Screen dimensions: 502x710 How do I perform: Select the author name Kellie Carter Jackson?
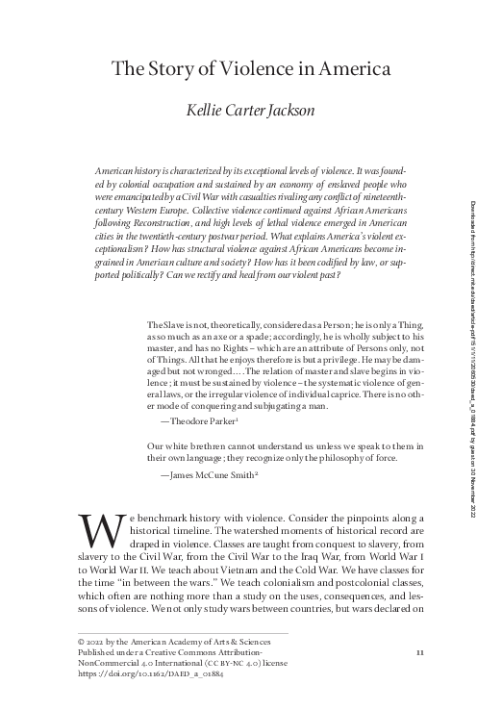[x=251, y=111]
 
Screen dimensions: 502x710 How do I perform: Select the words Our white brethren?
[x=183, y=447]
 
